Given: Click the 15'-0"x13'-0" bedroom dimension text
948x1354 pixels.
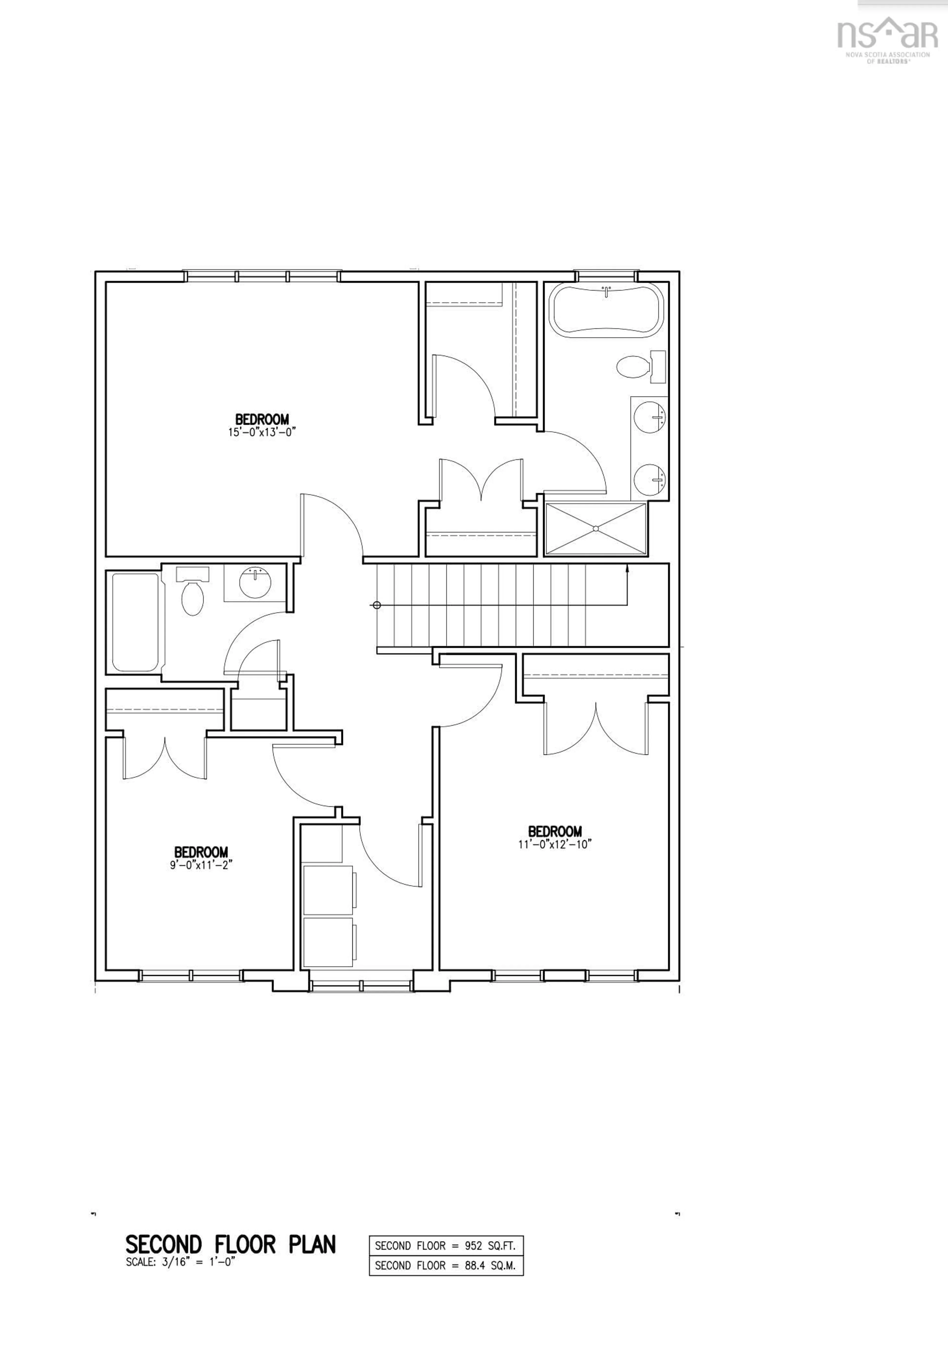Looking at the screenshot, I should (x=262, y=432).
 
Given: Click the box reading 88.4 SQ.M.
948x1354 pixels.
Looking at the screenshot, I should (x=446, y=1266).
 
